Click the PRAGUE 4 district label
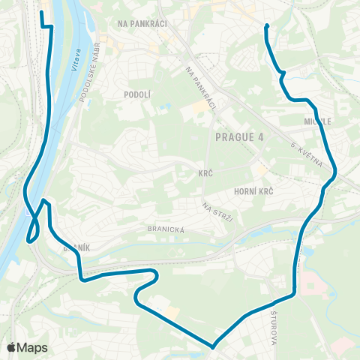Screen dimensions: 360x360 pyautogui.click(x=239, y=136)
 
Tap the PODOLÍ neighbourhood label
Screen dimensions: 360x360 pyautogui.click(x=138, y=94)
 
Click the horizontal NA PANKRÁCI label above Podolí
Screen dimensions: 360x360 pyautogui.click(x=142, y=23)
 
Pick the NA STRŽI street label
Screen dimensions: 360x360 pyautogui.click(x=214, y=209)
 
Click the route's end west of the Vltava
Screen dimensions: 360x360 pyautogui.click(x=40, y=13)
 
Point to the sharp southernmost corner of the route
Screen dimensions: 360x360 pyautogui.click(x=213, y=347)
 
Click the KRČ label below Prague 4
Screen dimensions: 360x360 pyautogui.click(x=206, y=173)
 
